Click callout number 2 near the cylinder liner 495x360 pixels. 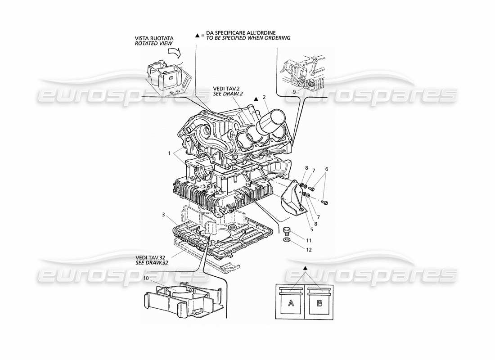pyautogui.click(x=264, y=97)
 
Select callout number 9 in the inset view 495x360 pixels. pyautogui.click(x=294, y=91)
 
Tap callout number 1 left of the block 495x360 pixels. pyautogui.click(x=170, y=153)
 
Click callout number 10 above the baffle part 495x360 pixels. pyautogui.click(x=145, y=278)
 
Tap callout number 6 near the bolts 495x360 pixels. pyautogui.click(x=327, y=169)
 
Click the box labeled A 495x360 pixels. pyautogui.click(x=291, y=303)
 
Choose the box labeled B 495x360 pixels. pyautogui.click(x=319, y=303)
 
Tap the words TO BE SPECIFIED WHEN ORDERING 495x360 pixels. pyautogui.click(x=248, y=38)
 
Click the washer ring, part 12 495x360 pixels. pyautogui.click(x=287, y=240)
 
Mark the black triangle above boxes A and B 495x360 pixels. pyautogui.click(x=305, y=268)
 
